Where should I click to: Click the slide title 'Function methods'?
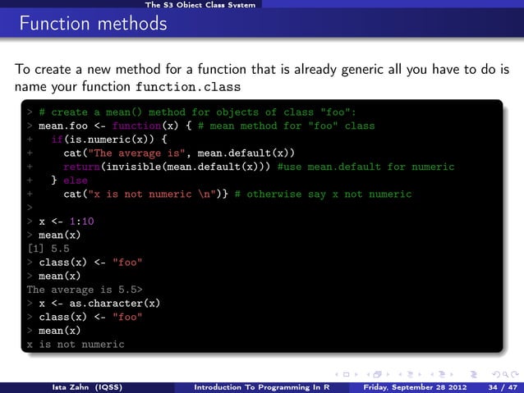coord(88,25)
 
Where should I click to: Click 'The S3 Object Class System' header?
coord(200,5)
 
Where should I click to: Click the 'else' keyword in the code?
coord(75,181)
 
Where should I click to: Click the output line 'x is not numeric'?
coord(75,345)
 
